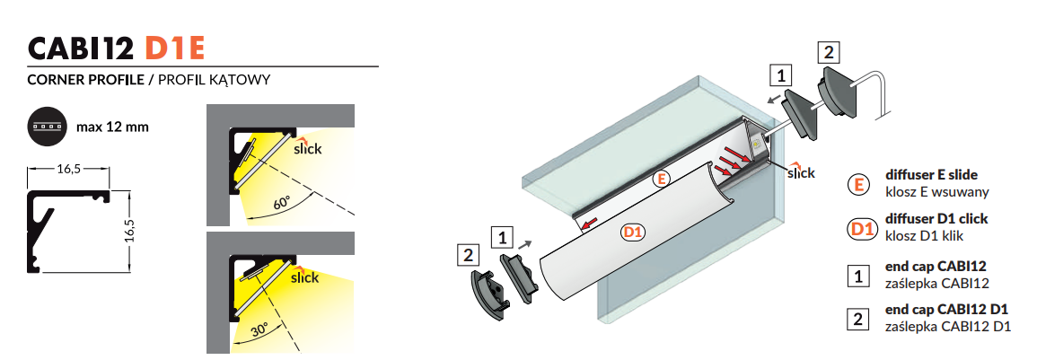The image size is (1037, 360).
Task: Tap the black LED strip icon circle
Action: (x=47, y=127)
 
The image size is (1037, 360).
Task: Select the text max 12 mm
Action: (x=112, y=127)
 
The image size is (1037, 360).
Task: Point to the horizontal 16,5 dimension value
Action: (x=68, y=170)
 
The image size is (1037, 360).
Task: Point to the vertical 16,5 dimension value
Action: (x=130, y=232)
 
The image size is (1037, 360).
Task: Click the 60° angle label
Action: (x=281, y=204)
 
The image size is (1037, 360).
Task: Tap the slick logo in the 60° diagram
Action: (x=307, y=146)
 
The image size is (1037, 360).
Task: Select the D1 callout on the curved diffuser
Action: (x=633, y=232)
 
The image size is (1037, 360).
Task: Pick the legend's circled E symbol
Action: (x=858, y=184)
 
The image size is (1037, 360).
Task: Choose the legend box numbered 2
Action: (x=858, y=320)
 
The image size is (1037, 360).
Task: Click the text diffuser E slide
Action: (x=931, y=175)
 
